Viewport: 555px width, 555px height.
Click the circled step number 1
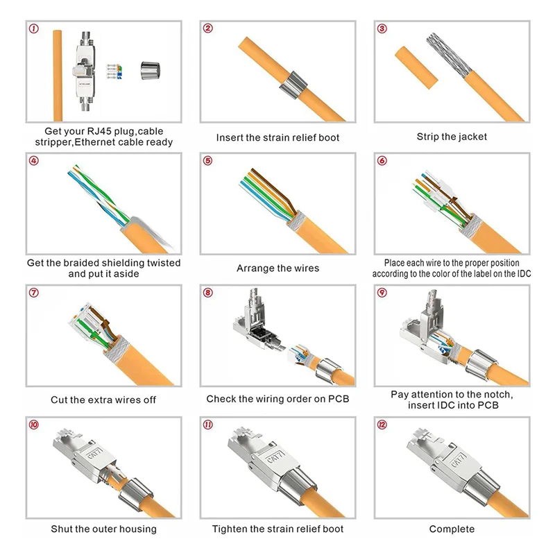pyautogui.click(x=34, y=29)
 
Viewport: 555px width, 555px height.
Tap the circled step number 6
pyautogui.click(x=382, y=161)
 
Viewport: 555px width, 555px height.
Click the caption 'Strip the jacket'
pyautogui.click(x=452, y=137)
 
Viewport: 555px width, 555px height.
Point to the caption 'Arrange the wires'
pyautogui.click(x=277, y=268)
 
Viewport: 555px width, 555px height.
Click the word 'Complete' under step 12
pyautogui.click(x=452, y=529)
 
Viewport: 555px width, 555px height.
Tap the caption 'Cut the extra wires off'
pyautogui.click(x=103, y=400)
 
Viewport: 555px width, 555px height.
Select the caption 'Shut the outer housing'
pyautogui.click(x=103, y=529)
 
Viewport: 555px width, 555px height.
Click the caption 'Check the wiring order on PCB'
pyautogui.click(x=277, y=399)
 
